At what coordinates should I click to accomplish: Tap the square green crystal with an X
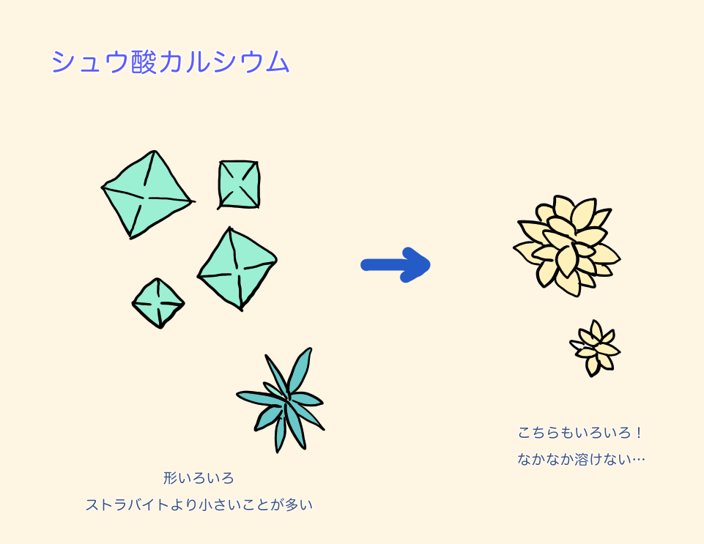point(239,184)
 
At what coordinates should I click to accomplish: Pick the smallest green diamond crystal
point(158,302)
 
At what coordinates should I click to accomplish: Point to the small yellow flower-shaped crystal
point(595,349)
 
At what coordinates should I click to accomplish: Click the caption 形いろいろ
point(199,478)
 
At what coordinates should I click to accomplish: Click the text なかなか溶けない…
point(580,460)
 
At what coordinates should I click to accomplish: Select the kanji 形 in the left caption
point(170,478)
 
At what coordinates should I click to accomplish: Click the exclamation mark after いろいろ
point(639,433)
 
